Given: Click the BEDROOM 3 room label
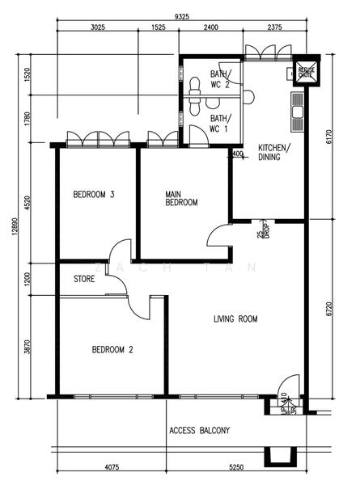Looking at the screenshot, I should coord(93,194).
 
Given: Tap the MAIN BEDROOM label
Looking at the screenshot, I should coord(180,199).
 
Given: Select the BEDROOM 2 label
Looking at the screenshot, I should coord(112,350).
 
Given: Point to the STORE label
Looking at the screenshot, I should coord(84,280).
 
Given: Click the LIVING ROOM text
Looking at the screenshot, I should coord(235,319).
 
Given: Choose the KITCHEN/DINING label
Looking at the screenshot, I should coord(269,152).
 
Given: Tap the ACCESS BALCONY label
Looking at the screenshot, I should coord(200,430).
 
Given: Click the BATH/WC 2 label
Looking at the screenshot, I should coord(221,78).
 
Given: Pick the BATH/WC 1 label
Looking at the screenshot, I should coord(219,124).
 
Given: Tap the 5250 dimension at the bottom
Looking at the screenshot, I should coord(235,468).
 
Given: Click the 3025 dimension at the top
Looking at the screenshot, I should coord(97,28).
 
